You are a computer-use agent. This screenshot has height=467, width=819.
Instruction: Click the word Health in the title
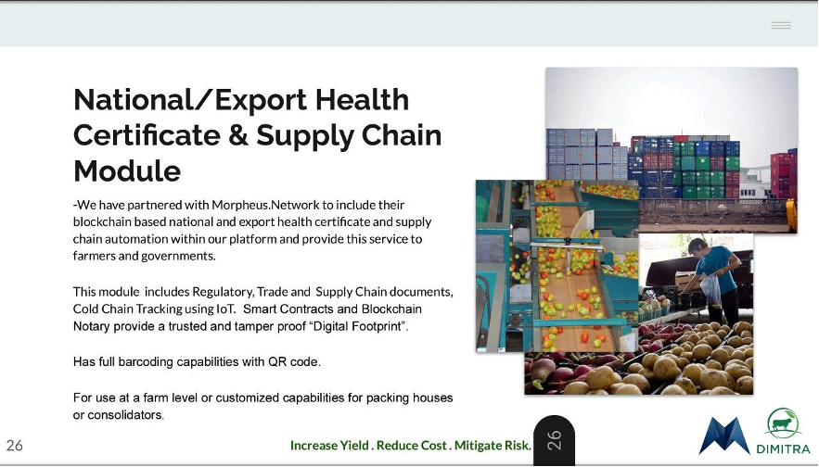click(362, 99)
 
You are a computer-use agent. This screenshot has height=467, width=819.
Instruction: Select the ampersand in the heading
click(237, 134)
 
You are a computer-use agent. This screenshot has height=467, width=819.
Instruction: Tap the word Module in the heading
click(127, 170)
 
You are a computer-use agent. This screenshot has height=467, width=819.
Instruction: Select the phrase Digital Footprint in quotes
click(358, 326)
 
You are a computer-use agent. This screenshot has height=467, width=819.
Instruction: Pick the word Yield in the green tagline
click(354, 446)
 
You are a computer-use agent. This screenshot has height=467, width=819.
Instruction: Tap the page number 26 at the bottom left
click(15, 445)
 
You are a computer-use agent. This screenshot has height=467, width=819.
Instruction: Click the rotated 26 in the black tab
click(554, 440)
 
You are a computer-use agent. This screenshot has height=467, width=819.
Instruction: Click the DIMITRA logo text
click(783, 448)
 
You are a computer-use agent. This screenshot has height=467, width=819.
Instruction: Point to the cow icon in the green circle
click(782, 423)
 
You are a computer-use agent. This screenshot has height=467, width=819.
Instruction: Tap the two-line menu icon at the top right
click(781, 25)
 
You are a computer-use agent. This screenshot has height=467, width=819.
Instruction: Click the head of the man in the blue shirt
click(697, 247)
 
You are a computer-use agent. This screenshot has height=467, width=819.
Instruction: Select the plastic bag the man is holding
click(710, 290)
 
